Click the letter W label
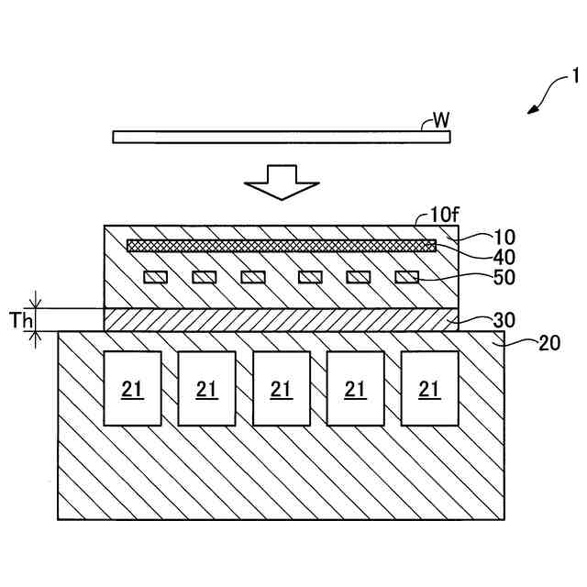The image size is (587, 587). coord(440,120)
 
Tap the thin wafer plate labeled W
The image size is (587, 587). coord(282,137)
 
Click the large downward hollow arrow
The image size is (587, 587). coord(282,181)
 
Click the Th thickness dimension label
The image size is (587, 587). coord(21,320)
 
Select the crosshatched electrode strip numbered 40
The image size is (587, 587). coord(281,245)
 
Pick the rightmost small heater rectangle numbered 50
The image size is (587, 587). coord(406,277)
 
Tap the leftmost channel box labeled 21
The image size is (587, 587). coord(132,388)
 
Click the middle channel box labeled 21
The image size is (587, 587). coord(281,388)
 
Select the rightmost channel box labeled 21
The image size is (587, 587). coord(429,388)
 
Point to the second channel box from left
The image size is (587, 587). coord(206,388)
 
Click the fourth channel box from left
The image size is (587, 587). coord(355,388)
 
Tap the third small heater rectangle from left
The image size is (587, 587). coord(253,277)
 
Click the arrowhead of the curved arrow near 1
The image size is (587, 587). coord(531,111)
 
